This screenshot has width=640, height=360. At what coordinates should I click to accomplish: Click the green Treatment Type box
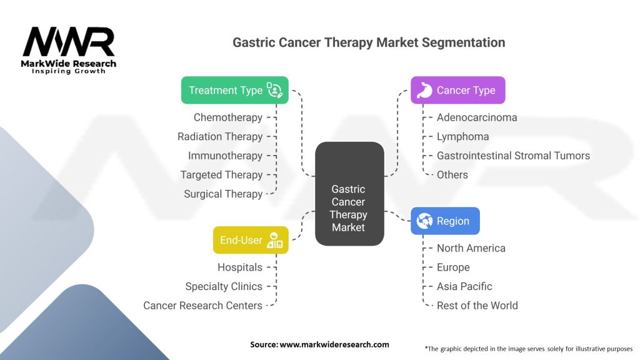click(235, 90)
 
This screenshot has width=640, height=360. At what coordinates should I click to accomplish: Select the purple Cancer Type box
click(458, 90)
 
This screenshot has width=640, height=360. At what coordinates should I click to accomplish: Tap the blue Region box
click(445, 221)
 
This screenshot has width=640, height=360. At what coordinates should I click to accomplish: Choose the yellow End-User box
click(251, 240)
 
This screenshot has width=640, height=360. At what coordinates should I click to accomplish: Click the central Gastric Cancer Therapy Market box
click(349, 194)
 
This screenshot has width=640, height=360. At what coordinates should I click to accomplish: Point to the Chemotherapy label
click(227, 117)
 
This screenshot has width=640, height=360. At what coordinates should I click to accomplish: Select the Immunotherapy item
click(225, 156)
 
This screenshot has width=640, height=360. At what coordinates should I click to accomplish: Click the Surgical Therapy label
click(223, 194)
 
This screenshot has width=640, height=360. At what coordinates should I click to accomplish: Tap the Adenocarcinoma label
click(477, 117)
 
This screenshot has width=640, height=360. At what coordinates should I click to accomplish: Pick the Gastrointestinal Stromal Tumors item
click(513, 156)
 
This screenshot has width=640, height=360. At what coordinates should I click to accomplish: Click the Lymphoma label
click(463, 137)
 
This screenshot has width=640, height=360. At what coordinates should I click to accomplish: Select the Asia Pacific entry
click(464, 286)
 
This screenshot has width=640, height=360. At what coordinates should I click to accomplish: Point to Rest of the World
click(477, 305)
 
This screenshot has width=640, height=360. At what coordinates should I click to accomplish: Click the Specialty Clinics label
click(224, 286)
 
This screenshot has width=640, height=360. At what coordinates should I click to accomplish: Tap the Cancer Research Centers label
click(202, 305)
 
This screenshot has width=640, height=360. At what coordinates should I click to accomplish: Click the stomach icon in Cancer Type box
click(424, 90)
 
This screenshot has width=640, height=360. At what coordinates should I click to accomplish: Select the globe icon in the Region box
click(424, 221)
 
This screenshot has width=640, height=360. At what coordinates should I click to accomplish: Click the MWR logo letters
click(69, 42)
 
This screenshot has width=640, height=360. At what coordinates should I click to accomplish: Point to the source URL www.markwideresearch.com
click(334, 344)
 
